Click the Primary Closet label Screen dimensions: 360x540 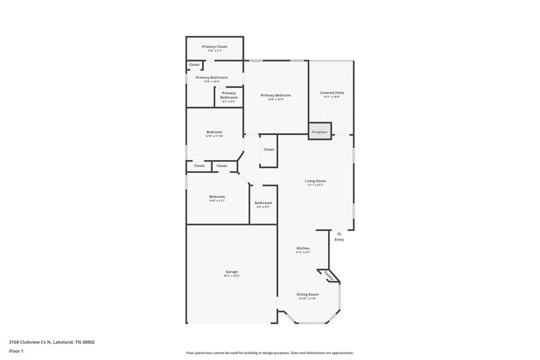pos(215,47)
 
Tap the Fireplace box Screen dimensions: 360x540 pos(319,132)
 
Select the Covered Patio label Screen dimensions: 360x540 pos(331,92)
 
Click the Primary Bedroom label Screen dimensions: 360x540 pos(276,96)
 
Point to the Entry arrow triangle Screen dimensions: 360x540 pos(339,233)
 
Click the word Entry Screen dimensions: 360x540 pos(339,240)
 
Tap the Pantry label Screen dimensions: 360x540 pos(328,276)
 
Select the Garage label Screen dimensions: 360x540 pos(232,272)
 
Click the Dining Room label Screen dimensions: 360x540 pos(308,294)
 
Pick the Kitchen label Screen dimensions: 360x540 pos(303,249)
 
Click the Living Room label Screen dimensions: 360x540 pos(315,181)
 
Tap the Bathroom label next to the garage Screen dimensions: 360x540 pos(263,203)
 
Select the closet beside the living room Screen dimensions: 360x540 pos(269,149)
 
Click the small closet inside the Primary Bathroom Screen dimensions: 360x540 pos(194,65)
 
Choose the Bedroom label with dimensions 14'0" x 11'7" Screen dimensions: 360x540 pos(217,197)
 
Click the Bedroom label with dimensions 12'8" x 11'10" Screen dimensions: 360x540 pos(214,132)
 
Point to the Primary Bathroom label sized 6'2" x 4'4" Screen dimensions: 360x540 pos(229,95)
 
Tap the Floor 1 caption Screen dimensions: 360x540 pos(16,352)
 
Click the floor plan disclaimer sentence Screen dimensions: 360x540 pos(269,353)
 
